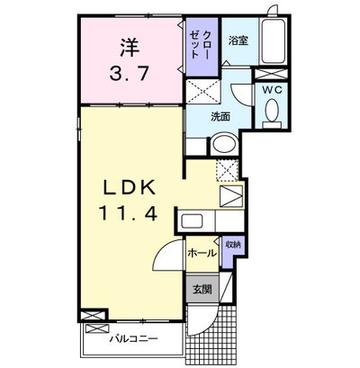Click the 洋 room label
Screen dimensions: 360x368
130,48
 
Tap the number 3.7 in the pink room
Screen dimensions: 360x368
130,74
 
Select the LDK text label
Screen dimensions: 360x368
130,188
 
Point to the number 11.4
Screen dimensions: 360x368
129,214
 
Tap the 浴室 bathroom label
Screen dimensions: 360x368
238,40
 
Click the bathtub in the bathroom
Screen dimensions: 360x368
273,41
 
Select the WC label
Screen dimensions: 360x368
272,90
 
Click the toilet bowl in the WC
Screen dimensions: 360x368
273,111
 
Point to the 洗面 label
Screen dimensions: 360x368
220,116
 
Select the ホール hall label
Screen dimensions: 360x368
202,254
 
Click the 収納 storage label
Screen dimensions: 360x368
233,245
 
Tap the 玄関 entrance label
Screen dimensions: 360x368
202,289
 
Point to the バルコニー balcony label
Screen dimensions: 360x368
133,339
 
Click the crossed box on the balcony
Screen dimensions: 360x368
96,328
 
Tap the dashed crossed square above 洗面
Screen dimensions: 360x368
203,92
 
